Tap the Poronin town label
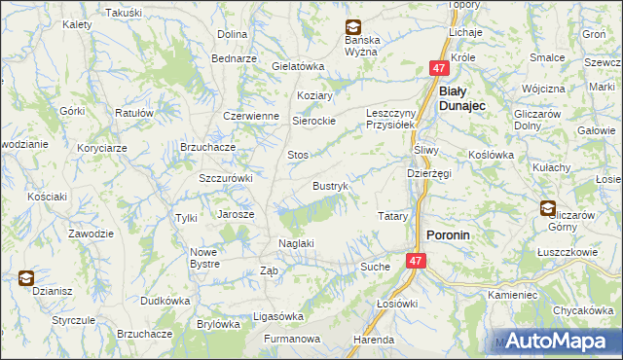[451, 235]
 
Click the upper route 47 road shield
[439, 68]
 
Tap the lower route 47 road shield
[416, 261]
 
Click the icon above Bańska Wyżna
[351, 29]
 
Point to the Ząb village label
[270, 271]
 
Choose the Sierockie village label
[314, 121]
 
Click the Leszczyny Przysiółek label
[391, 118]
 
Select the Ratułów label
[135, 113]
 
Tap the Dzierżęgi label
[428, 173]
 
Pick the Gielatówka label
[298, 66]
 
